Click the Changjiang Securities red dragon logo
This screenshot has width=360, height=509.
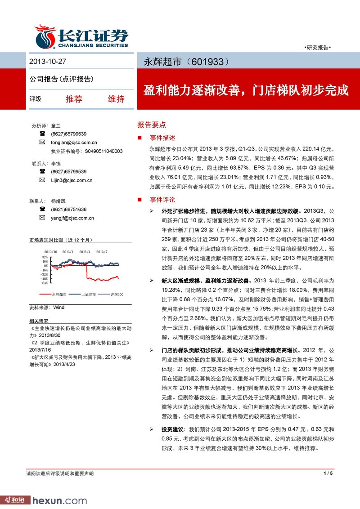45,36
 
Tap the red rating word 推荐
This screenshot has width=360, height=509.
74,99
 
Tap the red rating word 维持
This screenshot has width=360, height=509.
116,99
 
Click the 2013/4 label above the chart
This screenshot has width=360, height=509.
84,252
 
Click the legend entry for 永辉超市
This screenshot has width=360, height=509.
59,294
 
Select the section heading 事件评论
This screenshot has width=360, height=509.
162,200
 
